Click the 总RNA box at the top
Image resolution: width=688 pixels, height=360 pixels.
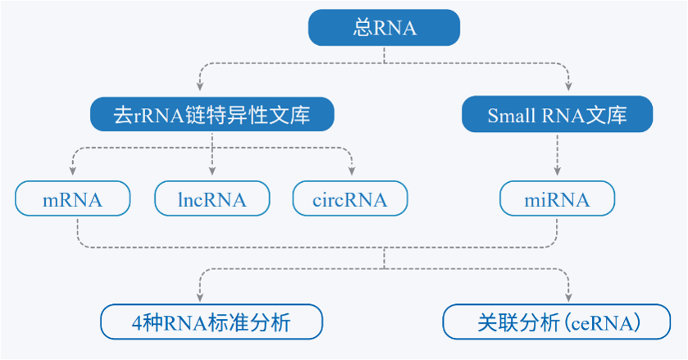(384, 27)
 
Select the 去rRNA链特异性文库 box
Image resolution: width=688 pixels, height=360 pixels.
(212, 115)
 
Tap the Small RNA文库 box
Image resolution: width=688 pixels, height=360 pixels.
(558, 115)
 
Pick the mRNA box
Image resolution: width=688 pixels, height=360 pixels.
(72, 199)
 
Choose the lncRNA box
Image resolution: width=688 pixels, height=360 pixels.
(212, 199)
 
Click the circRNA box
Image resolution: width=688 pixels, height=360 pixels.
(350, 199)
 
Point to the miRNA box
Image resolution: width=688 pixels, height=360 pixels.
(558, 199)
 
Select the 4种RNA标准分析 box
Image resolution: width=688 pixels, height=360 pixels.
(212, 321)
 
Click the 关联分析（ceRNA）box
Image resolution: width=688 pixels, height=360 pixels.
(558, 321)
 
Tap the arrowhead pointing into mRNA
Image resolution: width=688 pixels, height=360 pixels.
(72, 172)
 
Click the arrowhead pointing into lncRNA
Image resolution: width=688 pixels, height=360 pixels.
(212, 172)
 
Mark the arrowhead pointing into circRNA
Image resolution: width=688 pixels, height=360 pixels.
(352, 172)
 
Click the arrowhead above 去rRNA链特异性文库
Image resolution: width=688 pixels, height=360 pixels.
(198, 87)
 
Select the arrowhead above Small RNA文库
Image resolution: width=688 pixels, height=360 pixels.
(569, 87)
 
